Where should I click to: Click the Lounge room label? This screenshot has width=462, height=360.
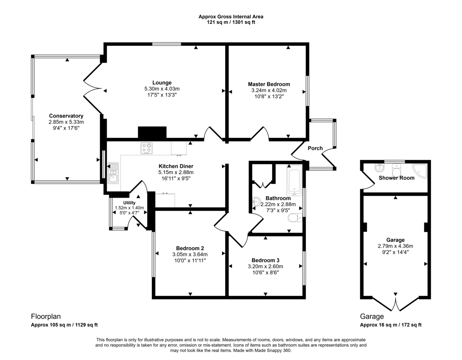(x=162, y=83)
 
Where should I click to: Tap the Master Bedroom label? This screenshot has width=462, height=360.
(x=269, y=84)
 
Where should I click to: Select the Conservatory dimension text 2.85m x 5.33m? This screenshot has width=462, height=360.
(x=66, y=122)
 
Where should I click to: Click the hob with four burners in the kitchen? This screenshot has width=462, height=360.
(x=147, y=148)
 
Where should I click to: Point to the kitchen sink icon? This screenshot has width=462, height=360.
(x=113, y=173)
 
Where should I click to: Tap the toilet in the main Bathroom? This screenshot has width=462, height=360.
(x=295, y=218)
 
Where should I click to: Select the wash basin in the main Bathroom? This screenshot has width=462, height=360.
(x=256, y=201)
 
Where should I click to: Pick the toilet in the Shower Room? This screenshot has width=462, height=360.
(x=397, y=169)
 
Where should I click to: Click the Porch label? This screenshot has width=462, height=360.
(x=315, y=148)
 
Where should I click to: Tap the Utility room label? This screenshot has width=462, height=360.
(x=129, y=203)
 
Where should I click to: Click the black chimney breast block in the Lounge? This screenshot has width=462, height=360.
(x=152, y=132)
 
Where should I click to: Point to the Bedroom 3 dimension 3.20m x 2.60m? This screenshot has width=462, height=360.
(x=265, y=267)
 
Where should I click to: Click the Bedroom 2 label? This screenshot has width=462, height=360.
(x=190, y=248)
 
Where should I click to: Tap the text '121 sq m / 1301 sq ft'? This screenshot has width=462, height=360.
(x=231, y=22)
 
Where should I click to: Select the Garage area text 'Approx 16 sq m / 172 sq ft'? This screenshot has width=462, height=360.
(x=391, y=325)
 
